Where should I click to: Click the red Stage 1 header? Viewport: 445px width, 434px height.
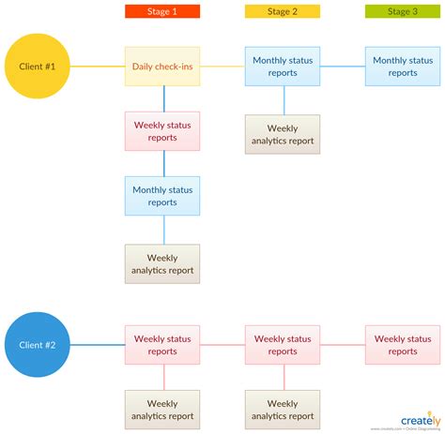161,11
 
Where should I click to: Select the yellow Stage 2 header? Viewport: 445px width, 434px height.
282,11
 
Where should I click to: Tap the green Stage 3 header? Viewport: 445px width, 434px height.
402,11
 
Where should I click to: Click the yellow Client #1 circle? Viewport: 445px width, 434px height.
38,67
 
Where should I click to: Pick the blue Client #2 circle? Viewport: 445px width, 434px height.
38,345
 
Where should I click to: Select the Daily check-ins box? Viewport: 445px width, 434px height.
161,67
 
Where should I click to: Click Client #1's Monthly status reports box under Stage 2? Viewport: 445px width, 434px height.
282,67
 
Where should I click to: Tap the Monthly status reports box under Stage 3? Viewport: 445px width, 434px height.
402,67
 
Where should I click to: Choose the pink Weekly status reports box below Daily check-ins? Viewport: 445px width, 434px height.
161,131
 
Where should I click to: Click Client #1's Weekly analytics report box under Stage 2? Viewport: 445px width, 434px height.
282,134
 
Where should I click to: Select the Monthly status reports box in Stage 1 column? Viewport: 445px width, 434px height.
161,196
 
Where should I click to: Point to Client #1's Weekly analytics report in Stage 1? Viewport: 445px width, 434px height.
161,263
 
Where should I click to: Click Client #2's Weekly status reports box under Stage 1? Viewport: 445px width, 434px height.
161,345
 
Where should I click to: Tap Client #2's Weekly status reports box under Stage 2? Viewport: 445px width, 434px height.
282,345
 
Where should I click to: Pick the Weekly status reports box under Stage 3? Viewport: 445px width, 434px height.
402,345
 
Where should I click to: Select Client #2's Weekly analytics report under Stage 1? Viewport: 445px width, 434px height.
161,410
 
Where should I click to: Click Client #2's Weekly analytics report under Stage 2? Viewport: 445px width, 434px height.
282,410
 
